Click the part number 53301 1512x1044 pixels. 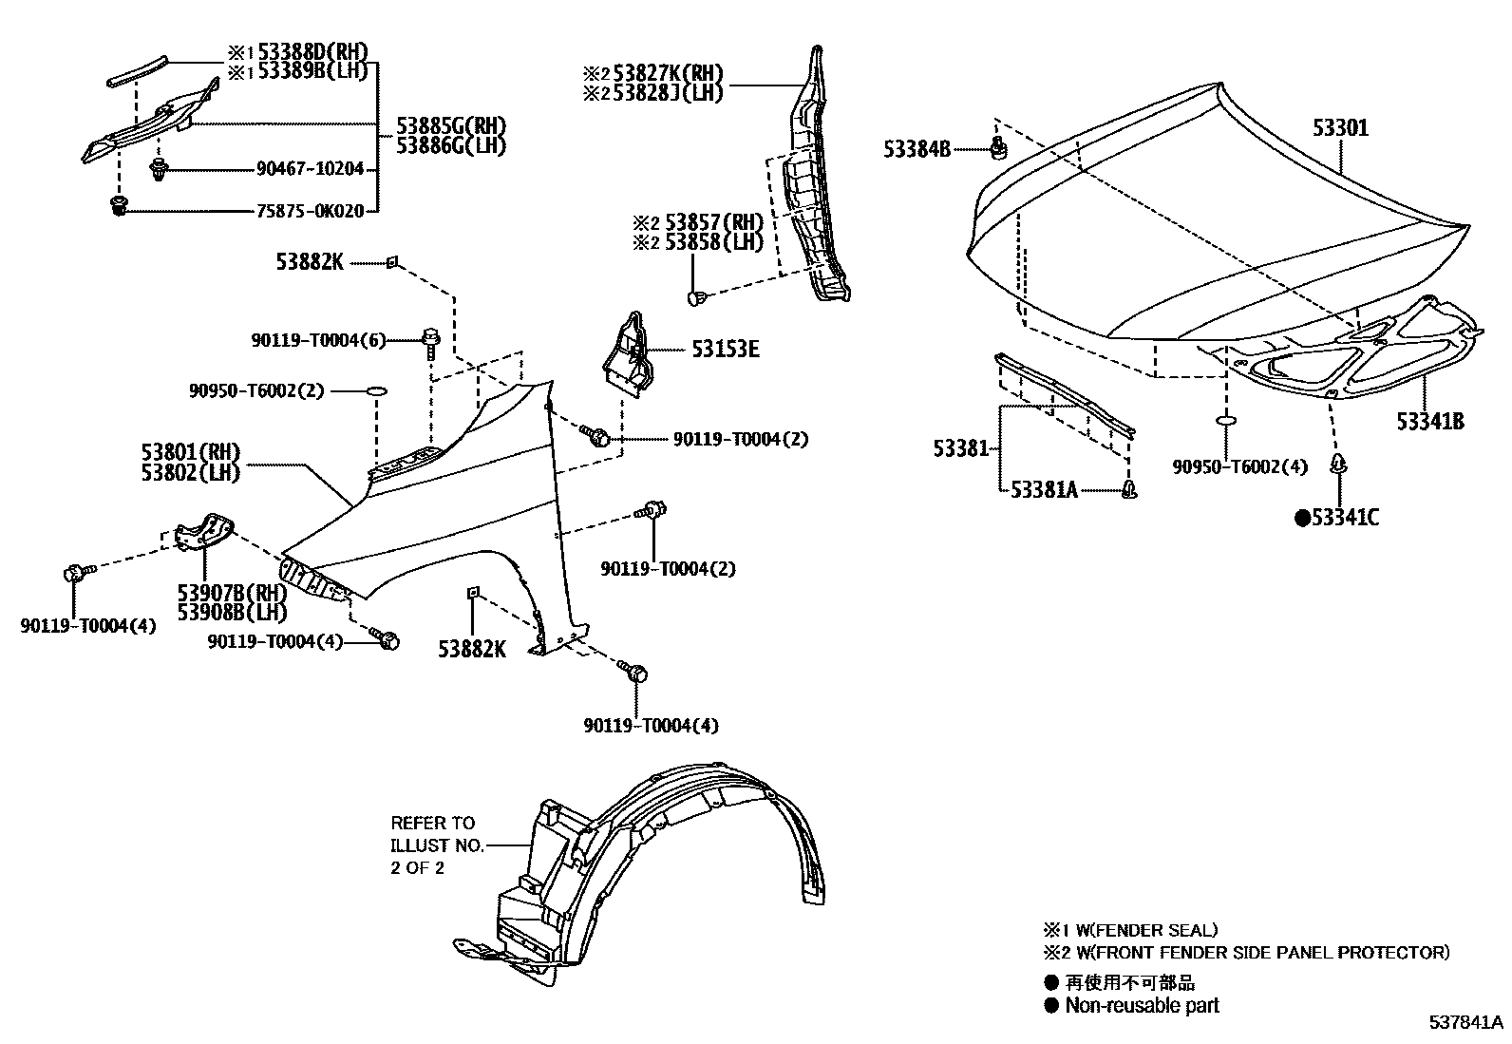pyautogui.click(x=1341, y=127)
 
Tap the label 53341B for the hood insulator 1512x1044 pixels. pyautogui.click(x=1428, y=421)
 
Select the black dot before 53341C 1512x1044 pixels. pyautogui.click(x=1303, y=518)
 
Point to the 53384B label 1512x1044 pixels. pyautogui.click(x=916, y=148)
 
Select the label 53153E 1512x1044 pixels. pyautogui.click(x=725, y=350)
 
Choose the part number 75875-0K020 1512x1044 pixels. pyautogui.click(x=310, y=211)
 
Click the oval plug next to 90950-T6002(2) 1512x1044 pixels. pyautogui.click(x=376, y=390)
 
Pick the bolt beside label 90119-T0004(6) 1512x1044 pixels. pyautogui.click(x=430, y=340)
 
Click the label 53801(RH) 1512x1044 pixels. pyautogui.click(x=191, y=452)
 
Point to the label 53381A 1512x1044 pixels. pyautogui.click(x=1043, y=489)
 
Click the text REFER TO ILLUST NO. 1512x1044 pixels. pyautogui.click(x=437, y=834)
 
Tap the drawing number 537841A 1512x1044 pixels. pyautogui.click(x=1466, y=1023)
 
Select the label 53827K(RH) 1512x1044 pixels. pyautogui.click(x=667, y=73)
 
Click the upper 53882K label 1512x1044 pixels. pyautogui.click(x=310, y=261)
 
